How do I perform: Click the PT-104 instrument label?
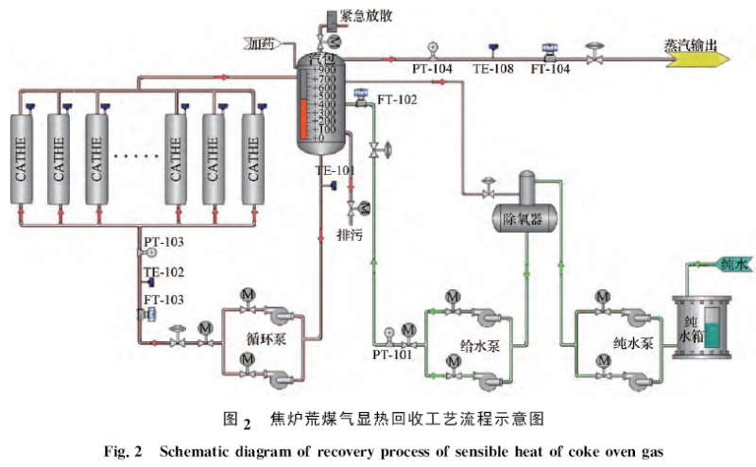[433, 70]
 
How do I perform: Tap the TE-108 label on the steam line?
[492, 70]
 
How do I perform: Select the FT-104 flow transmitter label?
[550, 70]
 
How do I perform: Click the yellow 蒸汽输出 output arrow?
[698, 56]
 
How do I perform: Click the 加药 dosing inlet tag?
[263, 43]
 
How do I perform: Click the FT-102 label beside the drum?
[395, 98]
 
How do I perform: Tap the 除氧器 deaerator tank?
[524, 219]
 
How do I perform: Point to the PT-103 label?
[164, 242]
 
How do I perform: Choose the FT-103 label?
[164, 300]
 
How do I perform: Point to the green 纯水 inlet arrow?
[729, 265]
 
